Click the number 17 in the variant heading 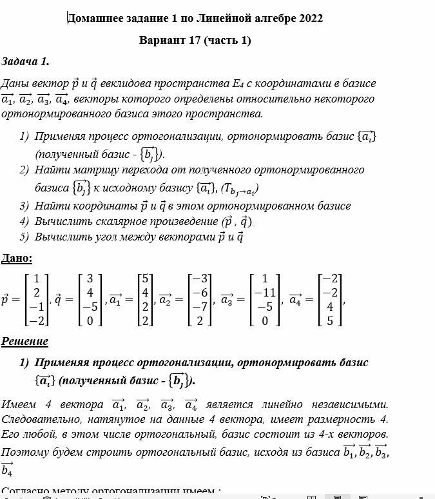[195, 41]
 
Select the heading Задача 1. [25, 62]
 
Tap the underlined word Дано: [17, 259]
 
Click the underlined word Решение [24, 341]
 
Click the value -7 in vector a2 [202, 306]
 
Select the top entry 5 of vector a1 [146, 279]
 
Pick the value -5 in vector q [89, 306]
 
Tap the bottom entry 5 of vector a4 [330, 320]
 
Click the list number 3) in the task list [24, 206]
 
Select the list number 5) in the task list [24, 237]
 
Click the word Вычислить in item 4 [61, 221]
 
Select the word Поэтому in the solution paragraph [24, 452]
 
